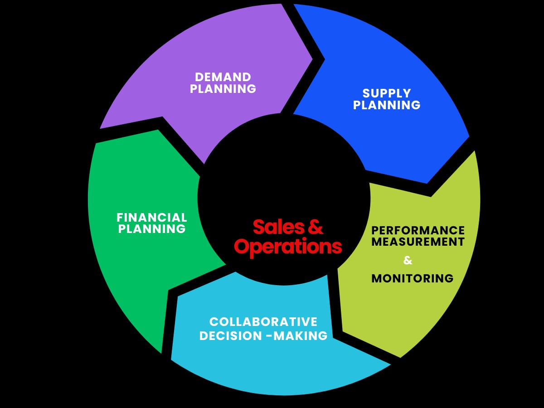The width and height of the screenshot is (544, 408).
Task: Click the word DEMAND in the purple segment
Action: click(x=223, y=77)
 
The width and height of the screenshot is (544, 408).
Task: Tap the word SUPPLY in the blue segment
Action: click(x=387, y=93)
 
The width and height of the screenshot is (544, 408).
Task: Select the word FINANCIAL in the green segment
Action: click(x=152, y=218)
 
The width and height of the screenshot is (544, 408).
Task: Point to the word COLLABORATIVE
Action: click(x=263, y=322)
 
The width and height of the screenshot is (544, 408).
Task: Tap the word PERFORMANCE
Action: click(x=418, y=230)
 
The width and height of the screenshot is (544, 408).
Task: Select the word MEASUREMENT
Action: click(x=418, y=242)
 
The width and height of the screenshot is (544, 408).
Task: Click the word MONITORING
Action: click(x=412, y=278)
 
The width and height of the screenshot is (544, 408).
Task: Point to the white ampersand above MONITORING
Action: click(x=408, y=261)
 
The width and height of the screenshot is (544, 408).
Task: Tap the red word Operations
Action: click(x=288, y=247)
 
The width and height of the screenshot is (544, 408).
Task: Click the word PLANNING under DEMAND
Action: click(x=223, y=88)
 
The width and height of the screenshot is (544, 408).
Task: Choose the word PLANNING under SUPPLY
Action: click(x=387, y=105)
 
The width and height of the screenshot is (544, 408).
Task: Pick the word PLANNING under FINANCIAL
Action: click(x=152, y=229)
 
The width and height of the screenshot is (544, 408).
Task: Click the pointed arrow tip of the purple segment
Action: click(x=312, y=58)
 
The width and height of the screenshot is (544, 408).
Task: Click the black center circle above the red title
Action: click(x=283, y=172)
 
